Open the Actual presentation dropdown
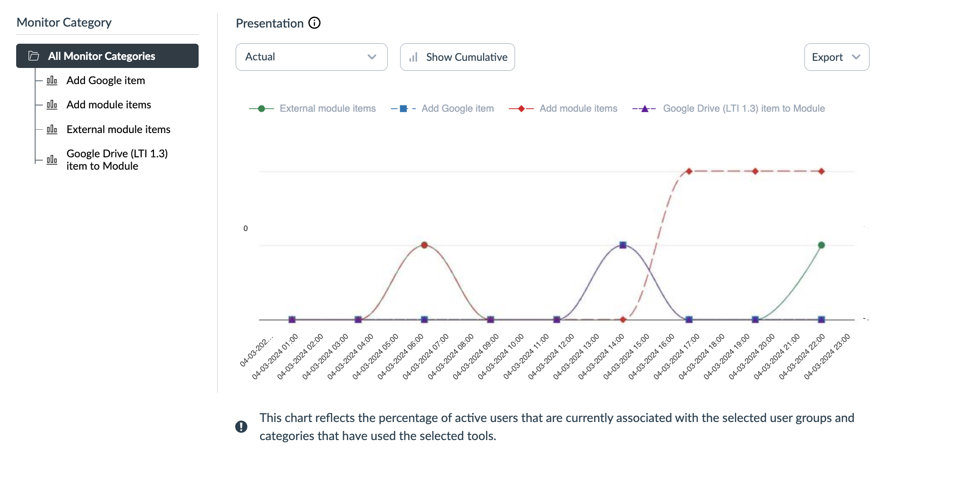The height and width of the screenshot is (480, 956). coord(311,57)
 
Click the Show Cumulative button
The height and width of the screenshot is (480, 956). coord(457,57)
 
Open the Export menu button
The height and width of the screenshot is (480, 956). coord(836,57)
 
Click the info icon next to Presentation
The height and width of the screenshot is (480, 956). coord(315,23)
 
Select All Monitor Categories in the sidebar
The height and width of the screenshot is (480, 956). coord(107,56)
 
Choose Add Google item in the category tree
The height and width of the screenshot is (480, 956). coord(105,80)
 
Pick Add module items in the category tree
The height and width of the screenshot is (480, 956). coord(108,105)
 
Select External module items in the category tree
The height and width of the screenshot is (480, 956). coord(118,129)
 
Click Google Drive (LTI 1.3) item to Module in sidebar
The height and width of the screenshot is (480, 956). coord(117,160)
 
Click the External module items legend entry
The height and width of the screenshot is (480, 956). coord(327,108)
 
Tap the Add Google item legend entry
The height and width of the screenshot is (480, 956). coord(457,108)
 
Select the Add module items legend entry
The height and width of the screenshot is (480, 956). coord(578,108)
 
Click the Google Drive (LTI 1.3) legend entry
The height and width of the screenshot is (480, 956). coord(744,108)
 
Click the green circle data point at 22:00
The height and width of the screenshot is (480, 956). coord(821,245)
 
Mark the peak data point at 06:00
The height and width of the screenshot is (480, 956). coord(424,245)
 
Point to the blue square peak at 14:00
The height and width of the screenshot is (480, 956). coord(623,245)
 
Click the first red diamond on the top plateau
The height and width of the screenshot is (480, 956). coord(689,171)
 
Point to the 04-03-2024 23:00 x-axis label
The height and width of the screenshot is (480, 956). coord(827,356)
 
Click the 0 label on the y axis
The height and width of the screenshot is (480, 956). coord(245,229)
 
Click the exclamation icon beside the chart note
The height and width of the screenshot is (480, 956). coord(241,427)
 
